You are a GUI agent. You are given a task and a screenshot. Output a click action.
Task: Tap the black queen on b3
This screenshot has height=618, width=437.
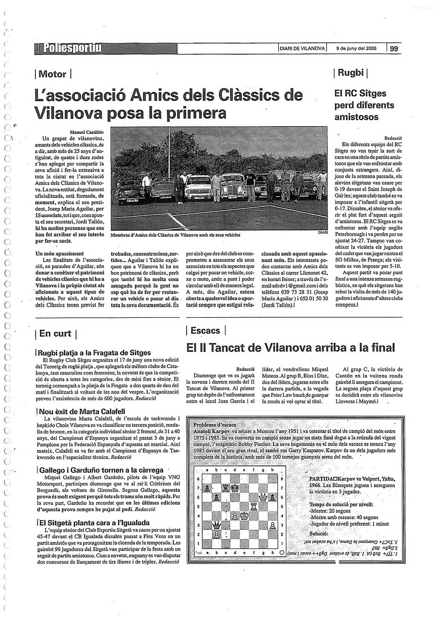click(x=216, y=525)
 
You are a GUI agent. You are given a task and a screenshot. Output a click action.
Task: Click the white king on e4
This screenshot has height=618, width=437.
click(x=245, y=516)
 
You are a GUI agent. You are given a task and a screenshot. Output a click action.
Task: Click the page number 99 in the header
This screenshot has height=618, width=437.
click(x=393, y=49)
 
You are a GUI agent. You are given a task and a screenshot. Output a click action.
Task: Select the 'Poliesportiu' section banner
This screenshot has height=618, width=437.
click(x=68, y=48)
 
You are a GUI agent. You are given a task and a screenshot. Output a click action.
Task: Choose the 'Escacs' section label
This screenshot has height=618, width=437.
click(x=205, y=331)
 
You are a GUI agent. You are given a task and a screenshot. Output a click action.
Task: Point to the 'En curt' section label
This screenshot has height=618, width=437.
click(x=55, y=334)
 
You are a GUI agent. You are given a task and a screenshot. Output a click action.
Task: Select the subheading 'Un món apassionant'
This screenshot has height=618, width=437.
click(x=60, y=253)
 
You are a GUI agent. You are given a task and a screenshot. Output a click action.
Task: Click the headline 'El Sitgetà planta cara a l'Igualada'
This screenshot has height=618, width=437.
click(x=94, y=523)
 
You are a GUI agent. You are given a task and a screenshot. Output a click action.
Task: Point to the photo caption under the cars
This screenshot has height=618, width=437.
click(x=175, y=235)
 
